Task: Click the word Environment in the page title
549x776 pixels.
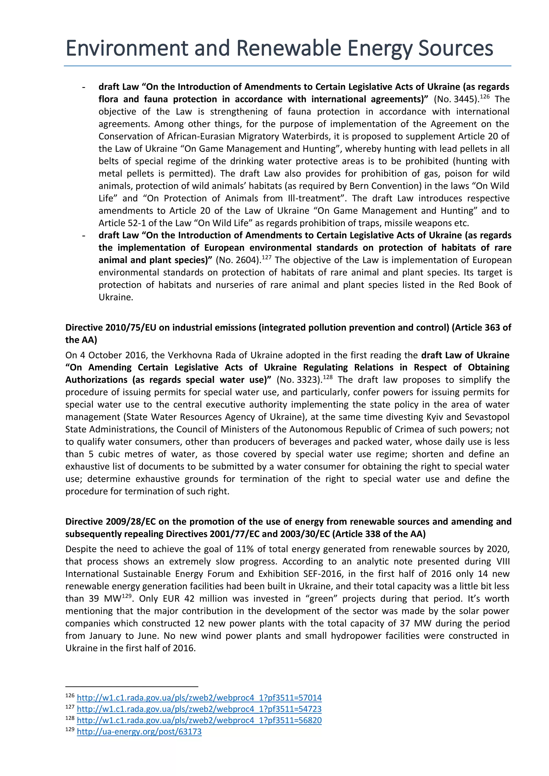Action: tap(127, 48)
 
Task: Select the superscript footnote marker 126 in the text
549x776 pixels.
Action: tap(485, 97)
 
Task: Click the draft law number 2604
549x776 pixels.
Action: tap(247, 260)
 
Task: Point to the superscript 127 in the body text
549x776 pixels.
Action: tap(266, 257)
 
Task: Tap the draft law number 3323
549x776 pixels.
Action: tap(307, 380)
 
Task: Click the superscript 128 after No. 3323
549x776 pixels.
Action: tap(327, 377)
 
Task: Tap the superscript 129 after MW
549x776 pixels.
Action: tap(126, 596)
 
